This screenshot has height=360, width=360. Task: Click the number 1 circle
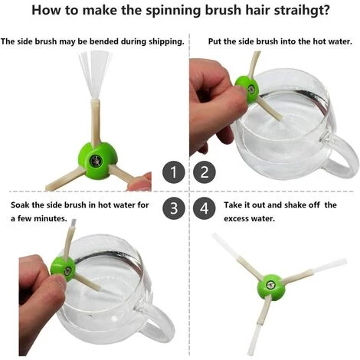[174, 172]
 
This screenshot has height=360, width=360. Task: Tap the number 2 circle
[205, 172]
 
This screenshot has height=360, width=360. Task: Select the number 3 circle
[174, 208]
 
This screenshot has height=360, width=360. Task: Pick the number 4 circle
[205, 208]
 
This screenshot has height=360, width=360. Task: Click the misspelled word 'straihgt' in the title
[302, 11]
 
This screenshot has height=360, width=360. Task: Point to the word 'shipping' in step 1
[166, 41]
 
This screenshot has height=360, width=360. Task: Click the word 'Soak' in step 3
[20, 205]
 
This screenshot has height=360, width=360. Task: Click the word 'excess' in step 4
[236, 219]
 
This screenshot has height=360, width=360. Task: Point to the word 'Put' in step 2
[214, 41]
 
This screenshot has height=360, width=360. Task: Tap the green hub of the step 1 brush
[98, 161]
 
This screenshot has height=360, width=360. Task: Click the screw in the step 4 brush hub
[270, 285]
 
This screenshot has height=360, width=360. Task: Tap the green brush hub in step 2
[247, 89]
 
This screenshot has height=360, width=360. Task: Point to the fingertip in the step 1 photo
[141, 182]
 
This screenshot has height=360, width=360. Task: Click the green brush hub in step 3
[63, 269]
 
